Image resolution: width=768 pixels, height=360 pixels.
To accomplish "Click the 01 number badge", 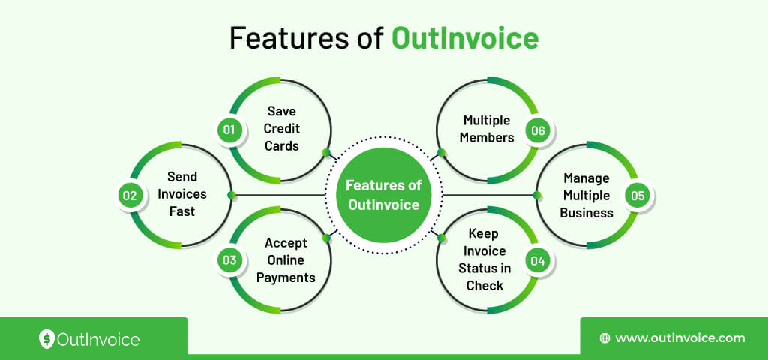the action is (229, 130).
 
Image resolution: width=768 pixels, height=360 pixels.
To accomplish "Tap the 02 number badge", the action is (130, 196).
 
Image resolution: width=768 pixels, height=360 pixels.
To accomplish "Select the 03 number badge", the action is (229, 260).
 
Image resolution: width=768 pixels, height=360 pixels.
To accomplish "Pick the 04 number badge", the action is (537, 260).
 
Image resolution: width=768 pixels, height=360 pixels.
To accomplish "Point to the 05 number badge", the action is (637, 196).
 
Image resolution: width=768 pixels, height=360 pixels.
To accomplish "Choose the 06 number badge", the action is (537, 130).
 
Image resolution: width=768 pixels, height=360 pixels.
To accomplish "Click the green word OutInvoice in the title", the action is (465, 38).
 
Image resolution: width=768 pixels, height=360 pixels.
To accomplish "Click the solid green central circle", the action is (383, 194).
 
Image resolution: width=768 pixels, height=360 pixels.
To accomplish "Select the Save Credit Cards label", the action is (282, 129).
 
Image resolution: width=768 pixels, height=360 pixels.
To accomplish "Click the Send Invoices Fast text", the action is (181, 194).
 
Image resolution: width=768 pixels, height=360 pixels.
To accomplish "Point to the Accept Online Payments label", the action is (286, 260).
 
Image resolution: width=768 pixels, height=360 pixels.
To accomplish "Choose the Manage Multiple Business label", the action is (586, 195).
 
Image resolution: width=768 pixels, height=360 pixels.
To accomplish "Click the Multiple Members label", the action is (487, 129).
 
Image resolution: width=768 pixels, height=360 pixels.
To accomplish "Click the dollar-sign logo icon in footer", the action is (46, 339).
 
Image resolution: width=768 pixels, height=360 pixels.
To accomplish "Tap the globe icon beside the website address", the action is (604, 338).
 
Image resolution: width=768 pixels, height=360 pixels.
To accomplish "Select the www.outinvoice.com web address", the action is (679, 338).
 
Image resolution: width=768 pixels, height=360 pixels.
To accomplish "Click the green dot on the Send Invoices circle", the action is (232, 196).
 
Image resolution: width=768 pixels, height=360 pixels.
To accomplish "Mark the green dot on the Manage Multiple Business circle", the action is (537, 196).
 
